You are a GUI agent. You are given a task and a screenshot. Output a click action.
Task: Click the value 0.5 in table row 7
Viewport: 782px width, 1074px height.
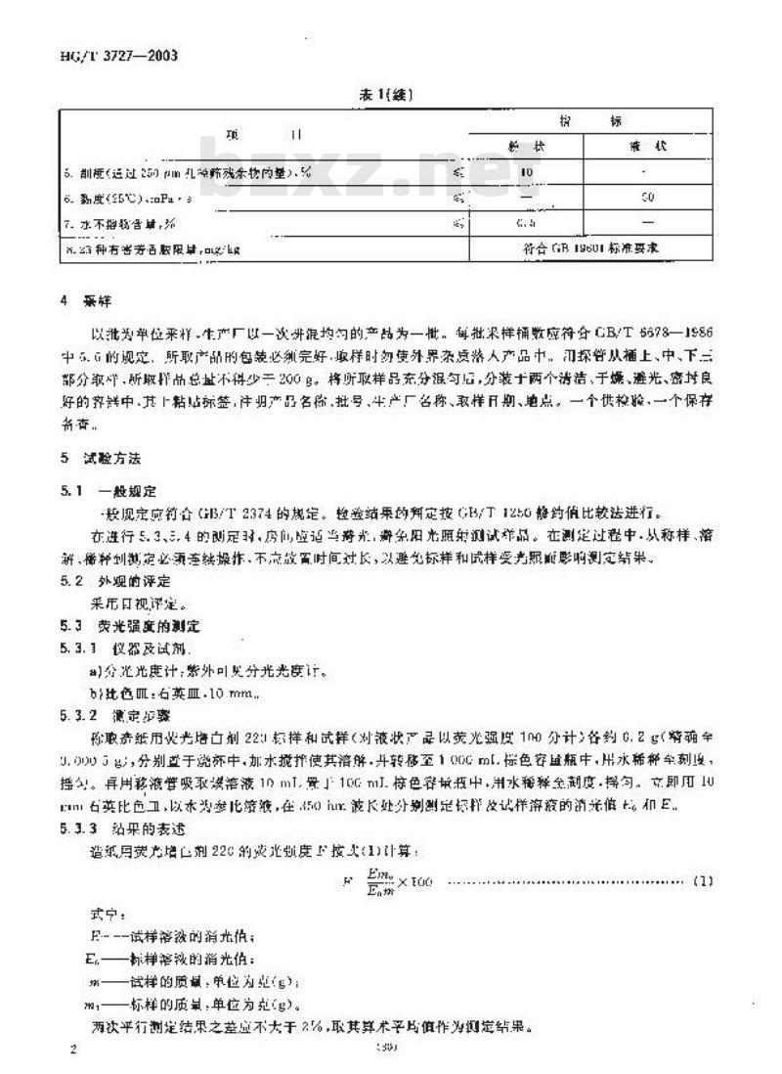pyautogui.click(x=528, y=223)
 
